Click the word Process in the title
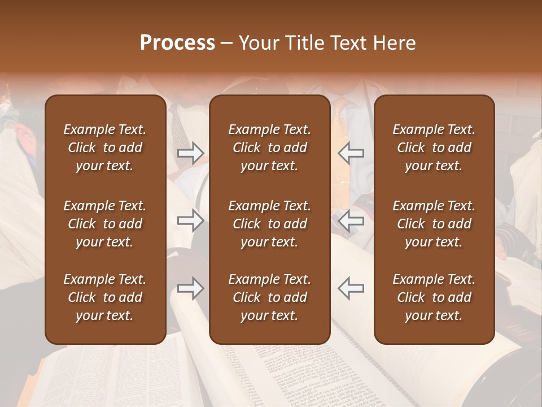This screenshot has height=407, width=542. point(177,43)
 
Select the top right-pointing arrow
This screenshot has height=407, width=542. point(190,153)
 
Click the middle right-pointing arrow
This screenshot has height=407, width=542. point(190,220)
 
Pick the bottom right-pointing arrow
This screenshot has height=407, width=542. point(190,288)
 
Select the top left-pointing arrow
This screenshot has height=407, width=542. point(351,153)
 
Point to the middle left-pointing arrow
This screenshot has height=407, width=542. point(351,220)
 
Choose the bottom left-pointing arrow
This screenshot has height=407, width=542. point(351,288)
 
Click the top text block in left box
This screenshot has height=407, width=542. point(105,148)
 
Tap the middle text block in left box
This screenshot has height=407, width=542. point(105,224)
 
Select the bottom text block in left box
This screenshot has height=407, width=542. point(105,297)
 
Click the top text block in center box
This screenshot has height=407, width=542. point(270,148)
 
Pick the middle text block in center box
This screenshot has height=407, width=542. point(270,224)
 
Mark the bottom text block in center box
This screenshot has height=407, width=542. point(270,297)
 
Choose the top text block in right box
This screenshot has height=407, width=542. point(434,148)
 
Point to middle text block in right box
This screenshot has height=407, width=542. point(434,224)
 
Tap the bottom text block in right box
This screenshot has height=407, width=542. point(434,297)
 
